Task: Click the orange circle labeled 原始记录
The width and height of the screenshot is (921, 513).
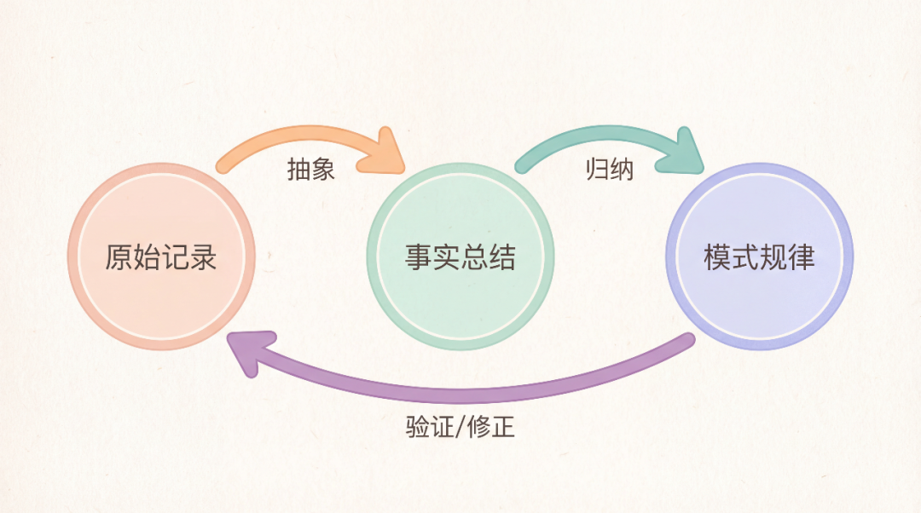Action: coord(161,256)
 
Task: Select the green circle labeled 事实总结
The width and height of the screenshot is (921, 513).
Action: coord(460,256)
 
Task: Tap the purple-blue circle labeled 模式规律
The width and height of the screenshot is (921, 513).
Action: coord(759,256)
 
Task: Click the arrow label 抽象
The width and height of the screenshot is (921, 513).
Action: coord(310,170)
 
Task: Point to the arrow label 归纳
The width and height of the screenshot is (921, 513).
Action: coord(610,170)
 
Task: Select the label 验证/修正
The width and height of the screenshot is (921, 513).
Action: coord(460,426)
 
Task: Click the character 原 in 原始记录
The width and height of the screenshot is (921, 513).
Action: coord(119,256)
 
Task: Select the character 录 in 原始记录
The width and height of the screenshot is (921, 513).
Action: coord(203,256)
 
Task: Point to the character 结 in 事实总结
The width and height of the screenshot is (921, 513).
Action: coord(502,256)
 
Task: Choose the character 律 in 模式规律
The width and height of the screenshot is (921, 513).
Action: coord(802,256)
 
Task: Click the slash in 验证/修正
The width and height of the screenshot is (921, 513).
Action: coord(460,426)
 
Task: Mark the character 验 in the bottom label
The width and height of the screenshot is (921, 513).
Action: coord(418,426)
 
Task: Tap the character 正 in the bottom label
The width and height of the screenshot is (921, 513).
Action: coord(503,426)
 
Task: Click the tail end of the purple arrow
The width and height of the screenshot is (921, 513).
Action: coord(687,342)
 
